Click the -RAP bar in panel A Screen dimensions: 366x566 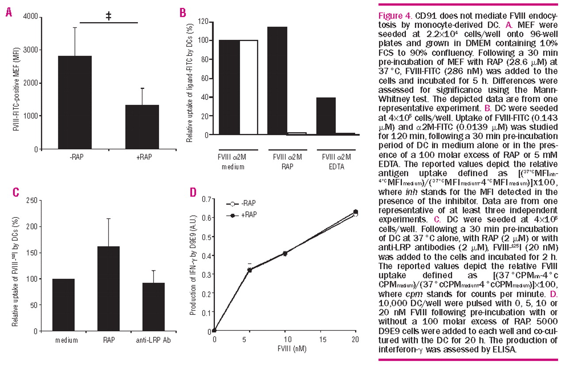(x=76, y=102)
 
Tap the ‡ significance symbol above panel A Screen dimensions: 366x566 (x=108, y=15)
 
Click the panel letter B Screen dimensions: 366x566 (x=183, y=12)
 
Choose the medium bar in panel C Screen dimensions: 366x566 (x=64, y=305)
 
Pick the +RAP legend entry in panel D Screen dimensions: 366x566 (x=247, y=214)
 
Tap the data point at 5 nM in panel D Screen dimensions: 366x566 (x=249, y=269)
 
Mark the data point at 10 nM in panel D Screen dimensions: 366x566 (x=285, y=253)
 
